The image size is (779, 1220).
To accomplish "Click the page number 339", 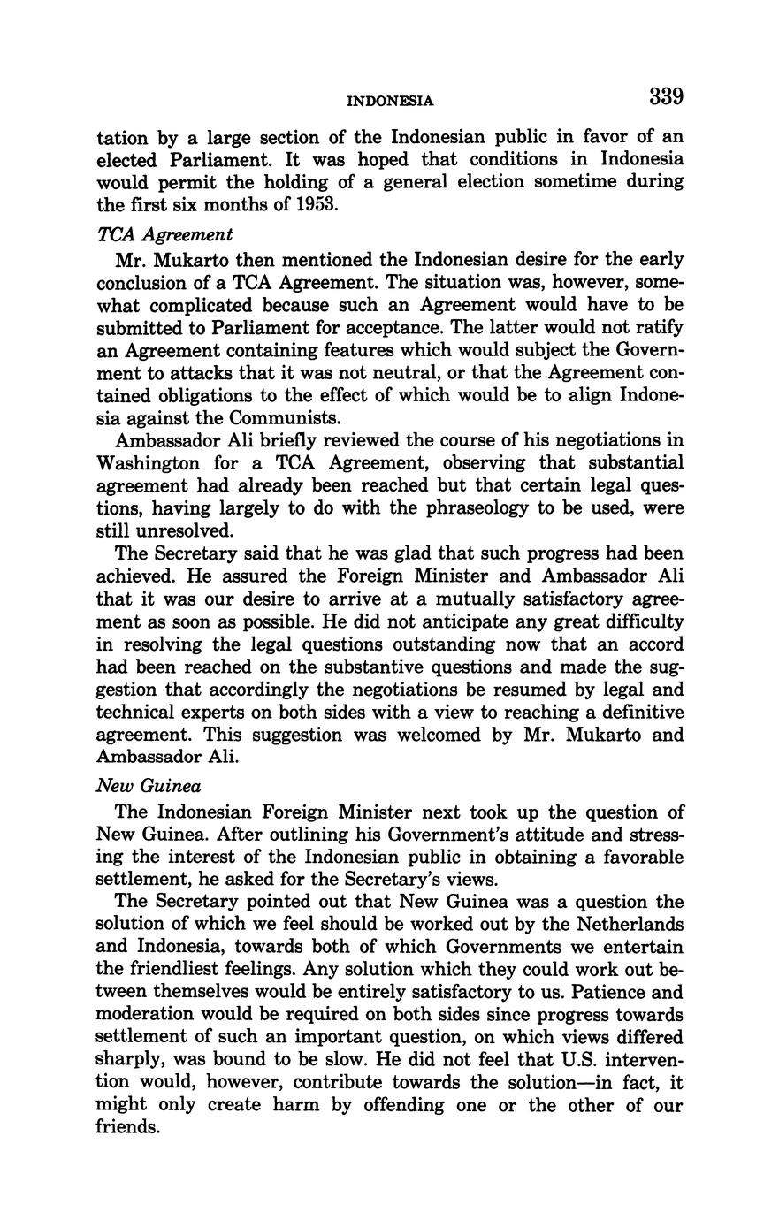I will click(x=666, y=96).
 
